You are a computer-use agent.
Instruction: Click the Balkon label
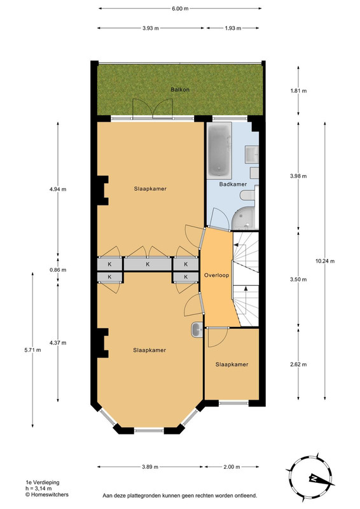[180, 90]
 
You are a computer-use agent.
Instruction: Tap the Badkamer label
[233, 184]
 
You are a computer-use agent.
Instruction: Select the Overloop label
[216, 275]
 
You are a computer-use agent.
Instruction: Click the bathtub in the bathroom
[219, 150]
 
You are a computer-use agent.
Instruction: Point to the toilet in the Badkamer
[248, 195]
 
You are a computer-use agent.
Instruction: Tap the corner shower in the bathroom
[244, 218]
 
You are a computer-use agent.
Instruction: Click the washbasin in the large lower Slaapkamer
[197, 330]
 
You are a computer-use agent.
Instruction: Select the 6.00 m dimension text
[180, 9]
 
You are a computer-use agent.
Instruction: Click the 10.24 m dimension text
[324, 261]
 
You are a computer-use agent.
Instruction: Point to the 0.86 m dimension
[58, 270]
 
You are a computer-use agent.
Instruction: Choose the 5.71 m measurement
[32, 350]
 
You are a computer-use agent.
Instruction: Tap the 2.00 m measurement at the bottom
[232, 467]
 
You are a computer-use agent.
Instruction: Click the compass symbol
[310, 478]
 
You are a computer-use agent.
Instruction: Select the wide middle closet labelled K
[148, 264]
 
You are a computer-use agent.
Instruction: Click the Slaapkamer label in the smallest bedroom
[232, 365]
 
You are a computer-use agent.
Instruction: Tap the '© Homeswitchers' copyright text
[47, 495]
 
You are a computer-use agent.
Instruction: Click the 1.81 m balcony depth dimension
[298, 91]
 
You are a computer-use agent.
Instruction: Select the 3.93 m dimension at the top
[151, 28]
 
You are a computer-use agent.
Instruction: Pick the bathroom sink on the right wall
[252, 154]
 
